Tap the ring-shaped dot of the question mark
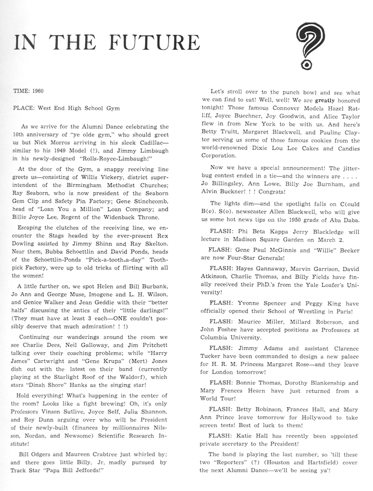pos(306,65)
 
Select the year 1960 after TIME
pos(38,91)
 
